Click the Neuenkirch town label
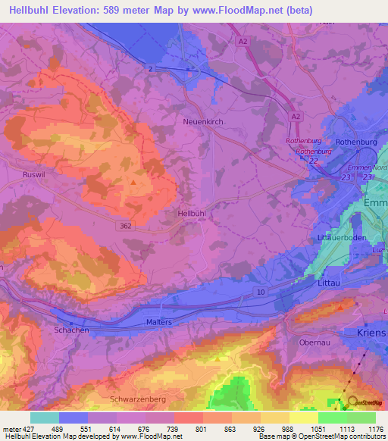pos(200,121)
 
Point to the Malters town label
pos(159,322)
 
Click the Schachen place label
pos(72,330)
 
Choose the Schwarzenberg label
pos(137,398)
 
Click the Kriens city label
pos(371,333)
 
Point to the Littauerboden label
pos(339,237)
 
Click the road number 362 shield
pos(127,226)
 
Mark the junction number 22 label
pos(312,162)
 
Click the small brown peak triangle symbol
pos(134,182)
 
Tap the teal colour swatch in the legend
pos(45,418)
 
